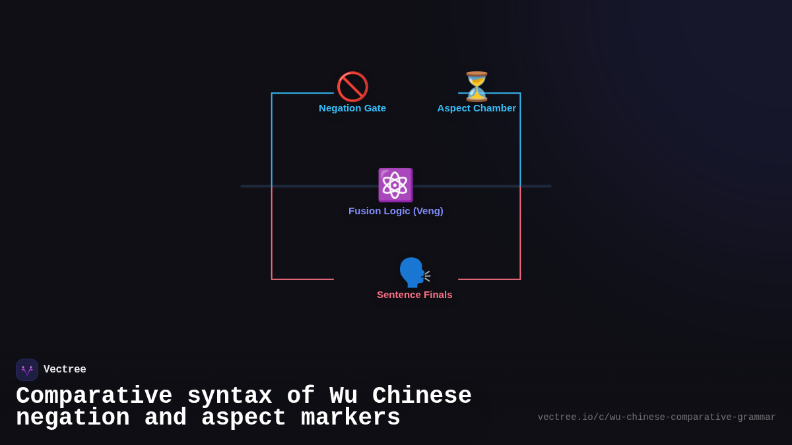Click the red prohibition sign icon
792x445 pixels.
click(352, 86)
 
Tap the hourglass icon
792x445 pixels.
click(477, 86)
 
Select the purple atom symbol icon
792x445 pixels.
click(395, 185)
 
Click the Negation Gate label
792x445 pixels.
click(352, 108)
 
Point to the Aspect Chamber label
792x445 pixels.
click(477, 108)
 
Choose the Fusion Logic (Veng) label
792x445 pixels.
click(396, 211)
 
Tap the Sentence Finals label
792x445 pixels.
click(414, 295)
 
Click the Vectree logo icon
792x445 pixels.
click(27, 370)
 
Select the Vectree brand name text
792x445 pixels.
click(65, 370)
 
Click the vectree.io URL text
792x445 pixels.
click(657, 417)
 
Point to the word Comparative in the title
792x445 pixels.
click(94, 396)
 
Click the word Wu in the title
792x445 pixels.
click(343, 396)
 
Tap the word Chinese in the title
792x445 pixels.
click(422, 396)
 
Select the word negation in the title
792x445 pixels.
click(73, 418)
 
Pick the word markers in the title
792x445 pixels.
click(350, 418)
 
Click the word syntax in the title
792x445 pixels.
click(229, 396)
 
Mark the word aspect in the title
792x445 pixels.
click(244, 418)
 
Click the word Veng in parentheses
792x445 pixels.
click(428, 211)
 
